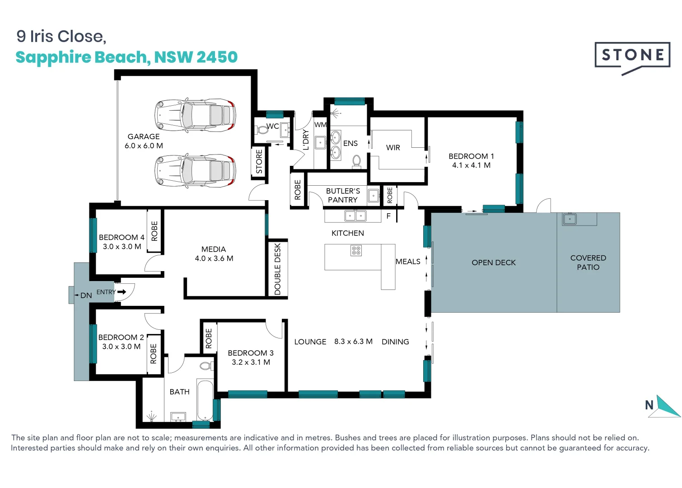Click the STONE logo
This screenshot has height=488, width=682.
pyautogui.click(x=632, y=56)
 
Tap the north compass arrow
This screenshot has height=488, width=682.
pyautogui.click(x=667, y=407)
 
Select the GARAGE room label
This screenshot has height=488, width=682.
pyautogui.click(x=144, y=136)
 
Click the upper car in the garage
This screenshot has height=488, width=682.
pyautogui.click(x=195, y=116)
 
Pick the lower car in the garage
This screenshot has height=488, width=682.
pyautogui.click(x=195, y=171)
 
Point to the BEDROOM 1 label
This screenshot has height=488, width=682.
pyautogui.click(x=471, y=156)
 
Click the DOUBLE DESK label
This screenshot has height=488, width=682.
pyautogui.click(x=278, y=269)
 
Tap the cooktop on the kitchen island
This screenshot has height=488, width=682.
pyautogui.click(x=356, y=250)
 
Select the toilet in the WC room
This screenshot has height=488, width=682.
pyautogui.click(x=262, y=130)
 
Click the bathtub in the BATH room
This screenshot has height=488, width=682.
pyautogui.click(x=205, y=400)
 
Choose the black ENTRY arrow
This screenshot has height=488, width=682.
pyautogui.click(x=121, y=292)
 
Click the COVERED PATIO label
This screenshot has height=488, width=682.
pyautogui.click(x=588, y=263)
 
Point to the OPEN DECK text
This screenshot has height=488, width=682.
pyautogui.click(x=493, y=263)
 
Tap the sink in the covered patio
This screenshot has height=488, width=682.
pyautogui.click(x=570, y=220)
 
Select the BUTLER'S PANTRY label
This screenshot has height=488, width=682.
pyautogui.click(x=343, y=195)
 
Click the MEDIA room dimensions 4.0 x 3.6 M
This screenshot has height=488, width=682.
pyautogui.click(x=214, y=258)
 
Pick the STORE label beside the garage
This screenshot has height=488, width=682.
pyautogui.click(x=259, y=161)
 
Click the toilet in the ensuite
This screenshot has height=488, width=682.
pyautogui.click(x=356, y=161)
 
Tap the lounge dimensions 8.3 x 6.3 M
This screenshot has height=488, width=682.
pyautogui.click(x=353, y=342)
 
